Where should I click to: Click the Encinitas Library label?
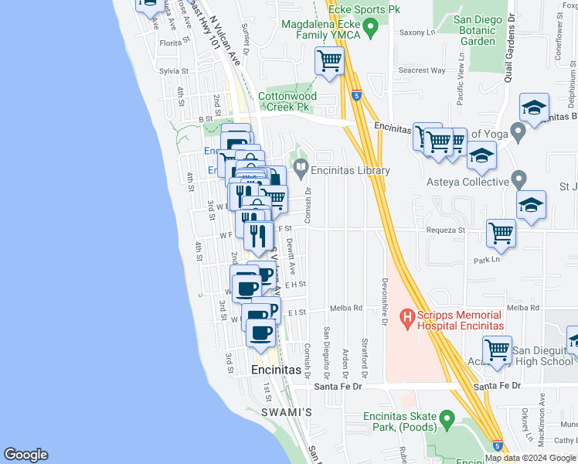(351, 171)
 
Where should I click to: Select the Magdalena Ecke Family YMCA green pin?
(370, 31)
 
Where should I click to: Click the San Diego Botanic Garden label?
(473, 30)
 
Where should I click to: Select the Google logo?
(25, 455)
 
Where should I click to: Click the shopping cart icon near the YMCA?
(330, 60)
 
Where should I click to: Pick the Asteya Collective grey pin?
(518, 183)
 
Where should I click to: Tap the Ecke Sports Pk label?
(374, 9)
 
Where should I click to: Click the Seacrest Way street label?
(422, 70)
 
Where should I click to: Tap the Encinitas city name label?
(276, 370)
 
